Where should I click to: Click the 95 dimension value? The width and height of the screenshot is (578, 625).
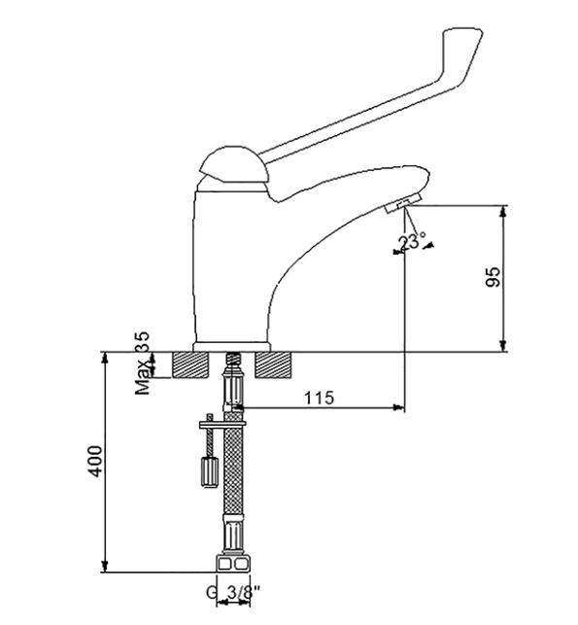click(x=493, y=277)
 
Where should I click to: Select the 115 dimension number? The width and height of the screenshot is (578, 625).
click(x=319, y=398)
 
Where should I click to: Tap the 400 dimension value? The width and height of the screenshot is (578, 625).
click(x=95, y=461)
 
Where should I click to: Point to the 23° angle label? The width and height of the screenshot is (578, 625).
click(x=412, y=242)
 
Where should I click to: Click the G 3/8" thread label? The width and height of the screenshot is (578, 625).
click(x=233, y=593)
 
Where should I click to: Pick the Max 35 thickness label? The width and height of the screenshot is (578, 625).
click(x=142, y=363)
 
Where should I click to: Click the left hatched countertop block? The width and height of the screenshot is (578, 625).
click(x=190, y=365)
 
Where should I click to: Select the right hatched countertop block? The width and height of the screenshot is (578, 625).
click(x=272, y=365)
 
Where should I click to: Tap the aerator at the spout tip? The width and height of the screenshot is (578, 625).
click(x=403, y=204)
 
